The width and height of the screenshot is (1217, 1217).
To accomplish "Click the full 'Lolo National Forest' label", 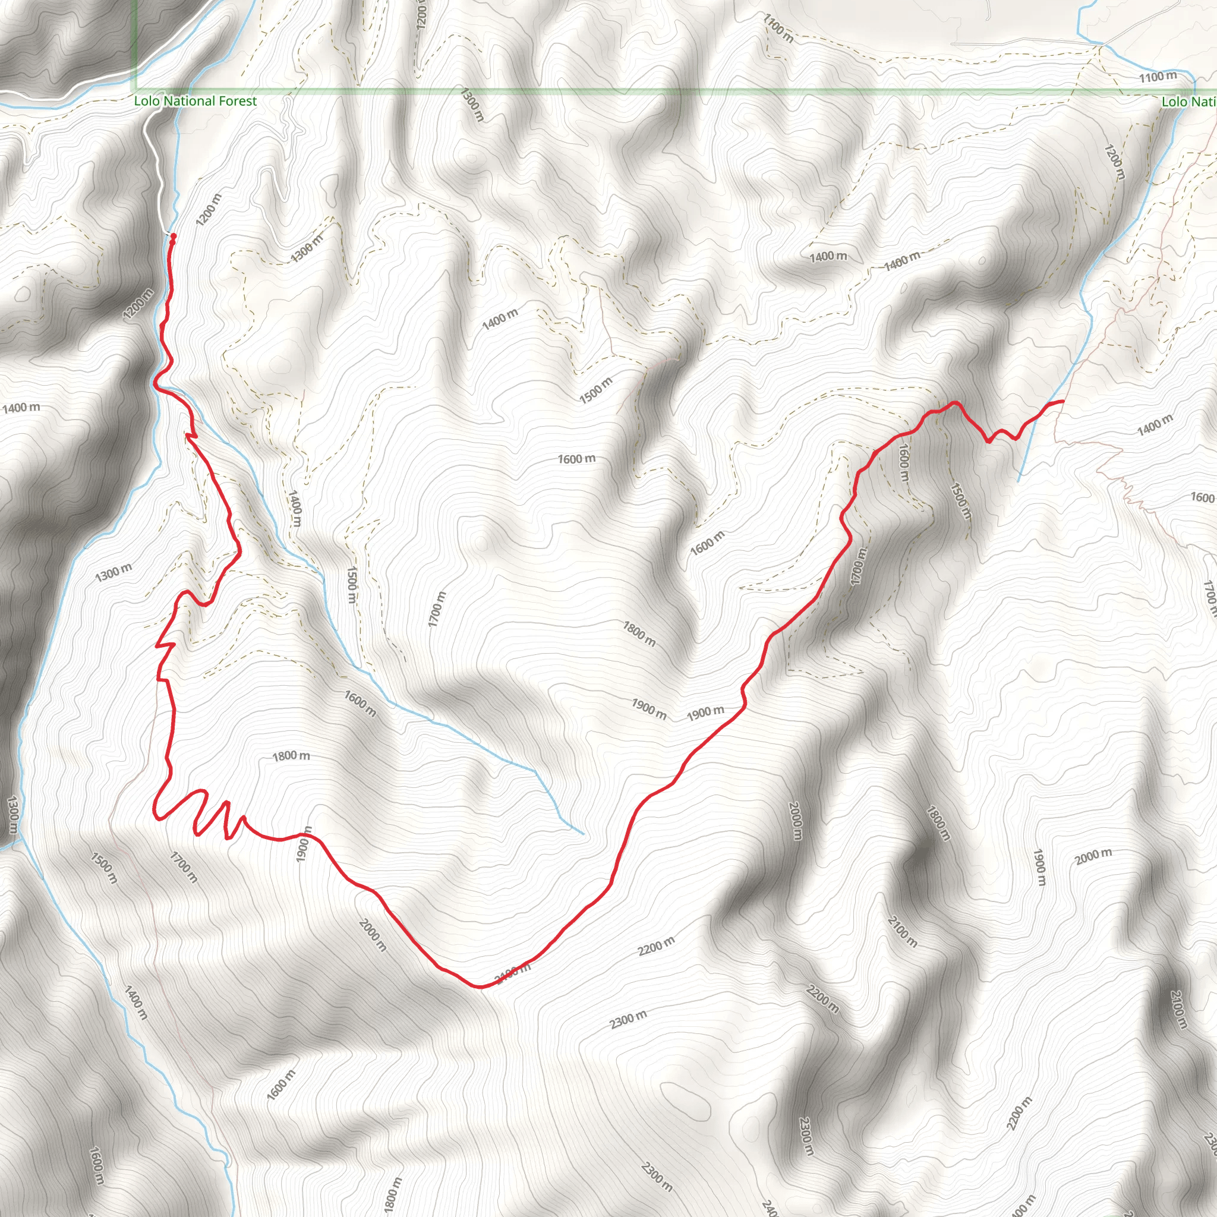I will [x=196, y=101].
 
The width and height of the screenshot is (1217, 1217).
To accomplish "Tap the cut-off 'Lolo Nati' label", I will [x=1188, y=102].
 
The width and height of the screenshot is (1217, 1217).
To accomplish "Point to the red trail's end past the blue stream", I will [x=1063, y=401].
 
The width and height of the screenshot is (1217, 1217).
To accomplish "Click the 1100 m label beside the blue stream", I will [x=1158, y=77].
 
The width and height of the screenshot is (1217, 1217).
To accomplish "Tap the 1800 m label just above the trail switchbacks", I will [x=291, y=755].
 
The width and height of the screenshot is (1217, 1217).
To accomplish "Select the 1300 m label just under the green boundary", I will [x=472, y=105].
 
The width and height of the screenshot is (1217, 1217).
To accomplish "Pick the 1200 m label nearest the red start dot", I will [x=209, y=210].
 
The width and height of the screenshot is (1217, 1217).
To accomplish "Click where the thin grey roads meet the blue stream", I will [x=1101, y=45].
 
